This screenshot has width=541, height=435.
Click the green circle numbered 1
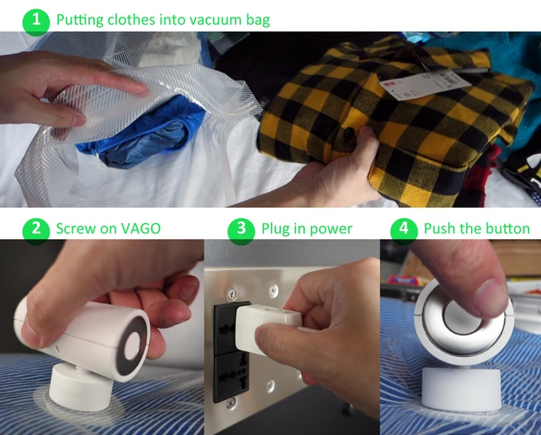pyautogui.click(x=37, y=21)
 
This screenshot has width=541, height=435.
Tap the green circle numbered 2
pyautogui.click(x=37, y=230)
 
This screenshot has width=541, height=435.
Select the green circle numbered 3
pyautogui.click(x=241, y=230)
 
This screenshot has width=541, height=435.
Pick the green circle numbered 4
pyautogui.click(x=404, y=230)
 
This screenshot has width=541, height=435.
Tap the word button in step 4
pyautogui.click(x=508, y=229)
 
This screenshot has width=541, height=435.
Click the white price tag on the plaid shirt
pyautogui.click(x=421, y=84)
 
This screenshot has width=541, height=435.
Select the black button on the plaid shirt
pyautogui.click(x=349, y=133)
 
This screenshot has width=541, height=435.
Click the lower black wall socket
pyautogui.click(x=231, y=378)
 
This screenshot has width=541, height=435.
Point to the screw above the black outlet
pyautogui.click(x=232, y=296)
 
